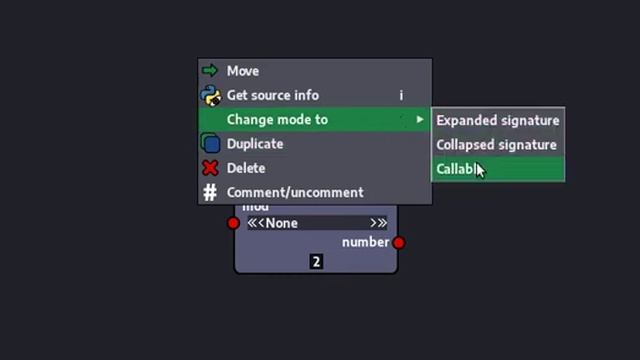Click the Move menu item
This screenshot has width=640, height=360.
click(x=243, y=71)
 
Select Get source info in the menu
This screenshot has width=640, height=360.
click(x=272, y=95)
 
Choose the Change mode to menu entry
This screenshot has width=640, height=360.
click(x=277, y=120)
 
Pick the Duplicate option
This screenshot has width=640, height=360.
click(x=255, y=144)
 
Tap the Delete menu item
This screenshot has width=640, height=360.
click(x=246, y=168)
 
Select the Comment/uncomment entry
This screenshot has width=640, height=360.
click(x=295, y=192)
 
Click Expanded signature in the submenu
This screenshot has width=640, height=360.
click(x=497, y=120)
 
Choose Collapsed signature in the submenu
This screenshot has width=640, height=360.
click(x=496, y=145)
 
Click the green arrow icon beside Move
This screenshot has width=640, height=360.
click(x=210, y=71)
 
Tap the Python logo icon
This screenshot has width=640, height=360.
click(x=210, y=95)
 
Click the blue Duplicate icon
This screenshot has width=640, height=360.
click(x=210, y=144)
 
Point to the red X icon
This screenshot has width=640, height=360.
click(x=210, y=168)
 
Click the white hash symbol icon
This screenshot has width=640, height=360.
click(x=210, y=192)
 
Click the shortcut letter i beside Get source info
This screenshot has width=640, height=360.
click(x=401, y=95)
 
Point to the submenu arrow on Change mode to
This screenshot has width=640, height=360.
click(x=420, y=120)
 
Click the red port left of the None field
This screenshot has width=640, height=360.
click(x=234, y=223)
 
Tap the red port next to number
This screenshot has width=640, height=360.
click(x=399, y=242)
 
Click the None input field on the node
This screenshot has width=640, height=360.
click(x=316, y=223)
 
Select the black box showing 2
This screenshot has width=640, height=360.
click(x=316, y=262)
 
